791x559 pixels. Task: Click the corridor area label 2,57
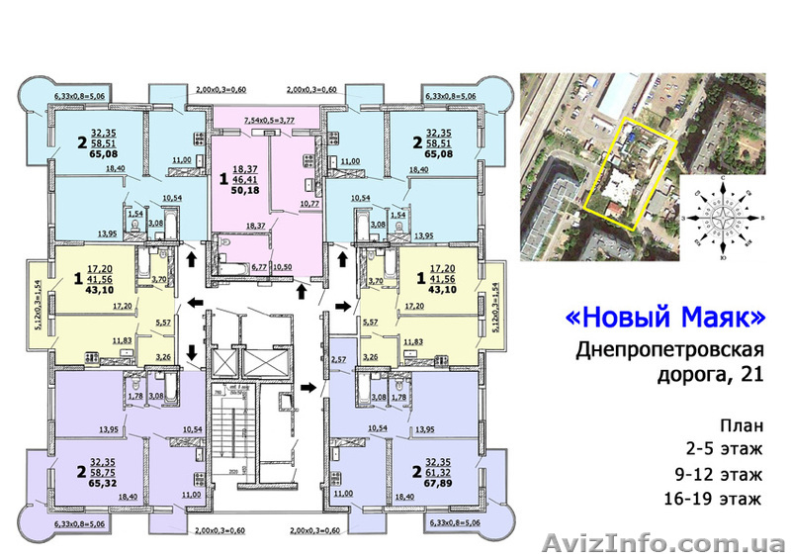(338, 359)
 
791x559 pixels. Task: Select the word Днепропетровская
(655, 350)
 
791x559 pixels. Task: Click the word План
(741, 426)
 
